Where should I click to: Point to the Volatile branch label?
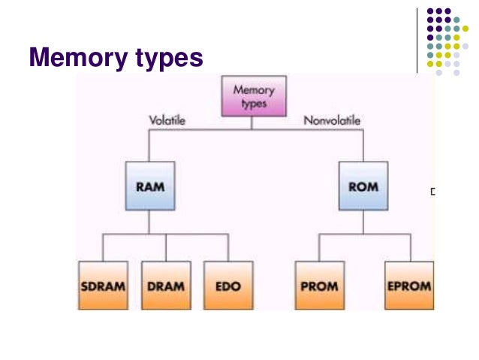tap(167, 120)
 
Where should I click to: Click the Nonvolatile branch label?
tap(332, 120)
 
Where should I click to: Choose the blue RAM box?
tap(150, 186)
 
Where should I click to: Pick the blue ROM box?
tap(363, 186)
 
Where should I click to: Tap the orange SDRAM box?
tap(103, 286)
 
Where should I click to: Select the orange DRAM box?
tap(166, 286)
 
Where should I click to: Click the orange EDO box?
tap(228, 286)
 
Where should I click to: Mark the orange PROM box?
tap(319, 286)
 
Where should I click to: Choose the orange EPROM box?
tap(409, 286)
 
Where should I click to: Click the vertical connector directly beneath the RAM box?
tap(150, 222)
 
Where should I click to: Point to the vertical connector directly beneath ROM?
tap(363, 222)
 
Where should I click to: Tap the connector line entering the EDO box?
tap(228, 247)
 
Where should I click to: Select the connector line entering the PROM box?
tap(319, 247)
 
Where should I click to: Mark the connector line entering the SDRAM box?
tap(103, 247)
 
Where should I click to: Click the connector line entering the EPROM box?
tap(409, 247)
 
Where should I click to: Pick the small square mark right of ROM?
tap(432, 192)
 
